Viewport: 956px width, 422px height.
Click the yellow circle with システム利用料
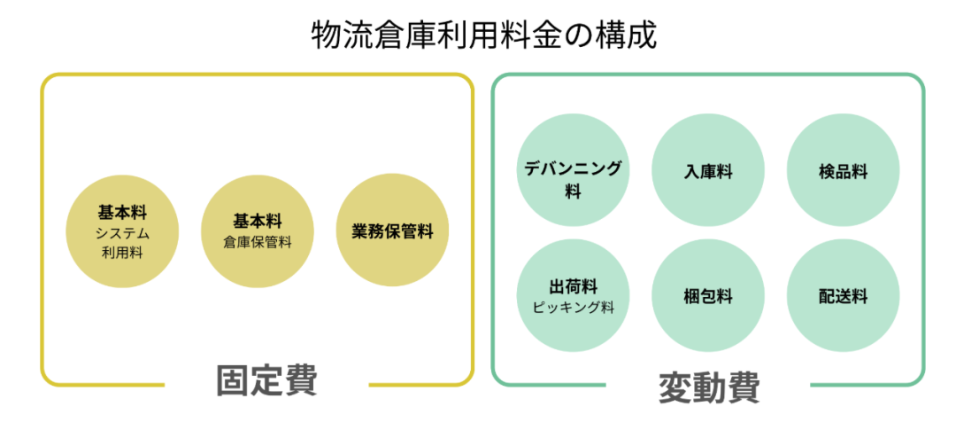(x=122, y=232)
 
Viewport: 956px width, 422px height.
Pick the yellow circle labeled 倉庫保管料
(x=258, y=232)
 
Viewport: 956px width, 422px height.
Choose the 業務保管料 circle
(x=392, y=232)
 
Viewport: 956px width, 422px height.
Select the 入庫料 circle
(x=708, y=171)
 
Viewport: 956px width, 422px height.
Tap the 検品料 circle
(x=843, y=171)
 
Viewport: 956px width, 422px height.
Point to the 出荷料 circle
(x=573, y=296)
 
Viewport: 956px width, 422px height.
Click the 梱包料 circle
(x=708, y=296)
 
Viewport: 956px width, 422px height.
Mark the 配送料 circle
(x=843, y=296)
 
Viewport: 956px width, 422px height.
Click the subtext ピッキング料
(x=574, y=308)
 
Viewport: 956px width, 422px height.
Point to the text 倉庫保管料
(x=258, y=242)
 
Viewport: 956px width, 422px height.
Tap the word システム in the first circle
(x=122, y=234)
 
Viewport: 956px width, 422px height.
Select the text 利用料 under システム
(x=122, y=253)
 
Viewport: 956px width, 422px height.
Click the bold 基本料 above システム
(x=122, y=214)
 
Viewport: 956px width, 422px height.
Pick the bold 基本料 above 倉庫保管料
(x=258, y=221)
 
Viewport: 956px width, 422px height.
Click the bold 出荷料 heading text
(x=573, y=286)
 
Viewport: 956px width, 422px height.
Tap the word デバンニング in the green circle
(x=573, y=167)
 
